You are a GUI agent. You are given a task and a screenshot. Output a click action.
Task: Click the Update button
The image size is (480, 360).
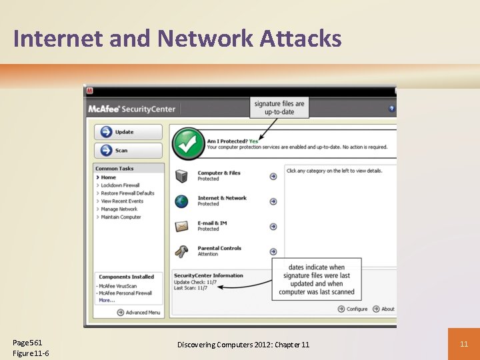(x=128, y=132)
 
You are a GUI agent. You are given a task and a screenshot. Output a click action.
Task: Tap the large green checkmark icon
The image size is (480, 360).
(x=189, y=143)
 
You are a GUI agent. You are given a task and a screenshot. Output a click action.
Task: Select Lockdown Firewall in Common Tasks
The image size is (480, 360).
(x=120, y=185)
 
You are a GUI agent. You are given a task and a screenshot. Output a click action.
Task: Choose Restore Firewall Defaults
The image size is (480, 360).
(x=127, y=193)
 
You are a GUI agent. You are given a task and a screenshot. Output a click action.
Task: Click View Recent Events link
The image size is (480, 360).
(x=122, y=201)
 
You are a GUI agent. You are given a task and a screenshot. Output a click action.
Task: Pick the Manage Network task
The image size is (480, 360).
(x=119, y=209)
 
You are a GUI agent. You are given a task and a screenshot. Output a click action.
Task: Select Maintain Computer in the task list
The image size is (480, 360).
(x=121, y=217)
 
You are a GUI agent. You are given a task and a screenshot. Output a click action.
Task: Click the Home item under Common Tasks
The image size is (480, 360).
(x=108, y=177)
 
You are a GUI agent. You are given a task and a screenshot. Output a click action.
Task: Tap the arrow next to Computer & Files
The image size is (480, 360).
(x=273, y=177)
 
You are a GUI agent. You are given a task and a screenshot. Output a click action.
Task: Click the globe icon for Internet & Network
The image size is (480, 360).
(x=181, y=201)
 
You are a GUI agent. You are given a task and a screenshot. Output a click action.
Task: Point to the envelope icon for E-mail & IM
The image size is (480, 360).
(x=181, y=227)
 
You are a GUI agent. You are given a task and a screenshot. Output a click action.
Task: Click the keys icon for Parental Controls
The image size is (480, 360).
(x=181, y=252)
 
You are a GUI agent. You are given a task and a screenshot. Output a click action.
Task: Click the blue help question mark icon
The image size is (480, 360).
(x=392, y=109)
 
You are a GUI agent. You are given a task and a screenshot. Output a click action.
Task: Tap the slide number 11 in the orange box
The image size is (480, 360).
(x=464, y=343)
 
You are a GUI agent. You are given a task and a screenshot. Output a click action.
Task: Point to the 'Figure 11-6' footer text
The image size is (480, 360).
(x=31, y=353)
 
